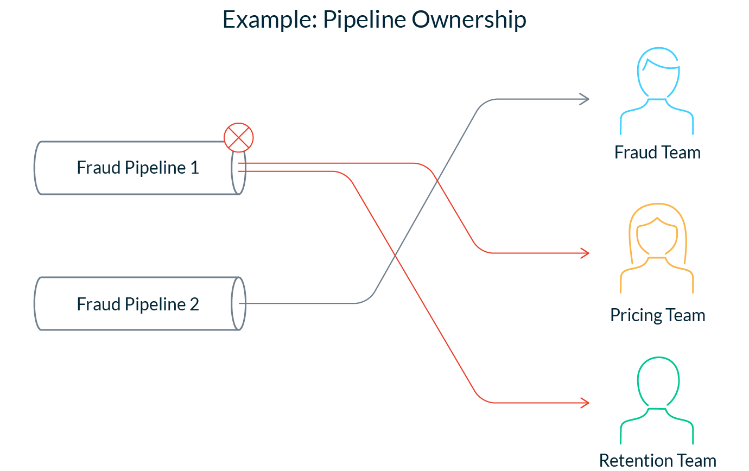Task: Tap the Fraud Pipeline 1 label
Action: [x=138, y=167]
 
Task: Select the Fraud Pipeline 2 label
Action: [x=138, y=304]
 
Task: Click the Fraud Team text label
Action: [x=657, y=152]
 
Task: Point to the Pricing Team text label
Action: [x=658, y=315]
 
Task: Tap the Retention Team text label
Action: [x=658, y=461]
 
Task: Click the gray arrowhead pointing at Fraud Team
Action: [x=585, y=99]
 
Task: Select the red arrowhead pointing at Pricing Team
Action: [x=585, y=253]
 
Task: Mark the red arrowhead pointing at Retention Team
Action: [x=585, y=403]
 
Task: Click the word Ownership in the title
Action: [x=469, y=20]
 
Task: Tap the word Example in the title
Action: [x=270, y=20]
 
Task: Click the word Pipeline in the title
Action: [x=365, y=20]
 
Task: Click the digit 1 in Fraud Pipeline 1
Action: [x=195, y=168]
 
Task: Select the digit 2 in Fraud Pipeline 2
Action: [x=195, y=304]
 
